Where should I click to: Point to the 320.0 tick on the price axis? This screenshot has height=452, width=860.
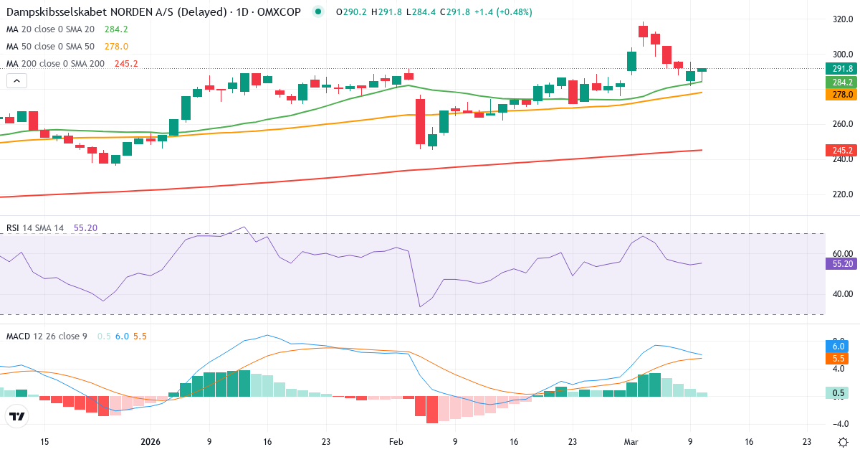pos(842,19)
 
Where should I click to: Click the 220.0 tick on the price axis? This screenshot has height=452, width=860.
pos(842,194)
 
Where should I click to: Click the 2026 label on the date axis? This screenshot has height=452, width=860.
pos(150,442)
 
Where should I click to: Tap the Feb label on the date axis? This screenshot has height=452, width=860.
pos(396,442)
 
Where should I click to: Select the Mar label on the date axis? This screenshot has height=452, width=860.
pos(631,442)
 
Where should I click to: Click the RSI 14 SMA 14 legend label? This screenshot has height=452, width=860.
pos(35,228)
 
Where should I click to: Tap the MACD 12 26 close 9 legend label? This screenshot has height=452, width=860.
pos(47,336)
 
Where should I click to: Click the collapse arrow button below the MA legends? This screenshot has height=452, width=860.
pos(16,81)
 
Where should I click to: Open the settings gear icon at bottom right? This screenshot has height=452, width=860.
pos(843,442)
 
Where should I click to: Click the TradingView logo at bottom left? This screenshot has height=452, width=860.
pos(17,416)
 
